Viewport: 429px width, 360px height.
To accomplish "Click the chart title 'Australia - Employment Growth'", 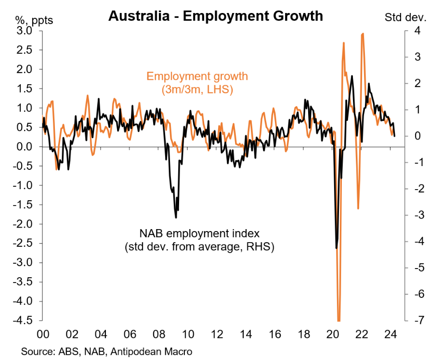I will (x=215, y=15).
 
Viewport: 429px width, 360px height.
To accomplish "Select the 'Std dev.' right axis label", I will (x=405, y=18).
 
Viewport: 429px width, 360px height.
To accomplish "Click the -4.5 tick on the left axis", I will (x=23, y=321).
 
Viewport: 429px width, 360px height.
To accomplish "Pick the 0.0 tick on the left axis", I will (x=25, y=146).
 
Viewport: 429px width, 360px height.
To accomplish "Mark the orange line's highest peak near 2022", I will (x=363, y=34).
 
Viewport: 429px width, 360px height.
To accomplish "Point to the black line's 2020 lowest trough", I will (x=336, y=248).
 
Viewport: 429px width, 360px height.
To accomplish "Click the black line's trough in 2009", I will (x=176, y=218).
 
